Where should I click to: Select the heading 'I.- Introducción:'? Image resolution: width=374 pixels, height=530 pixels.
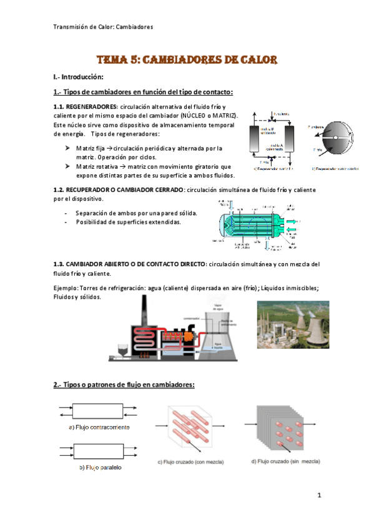[x=77, y=77]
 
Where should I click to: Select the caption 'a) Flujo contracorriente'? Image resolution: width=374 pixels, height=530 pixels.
[x=99, y=427]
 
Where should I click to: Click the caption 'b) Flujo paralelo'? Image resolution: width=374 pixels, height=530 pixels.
[x=100, y=467]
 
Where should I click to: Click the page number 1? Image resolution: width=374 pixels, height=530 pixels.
[x=319, y=496]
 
